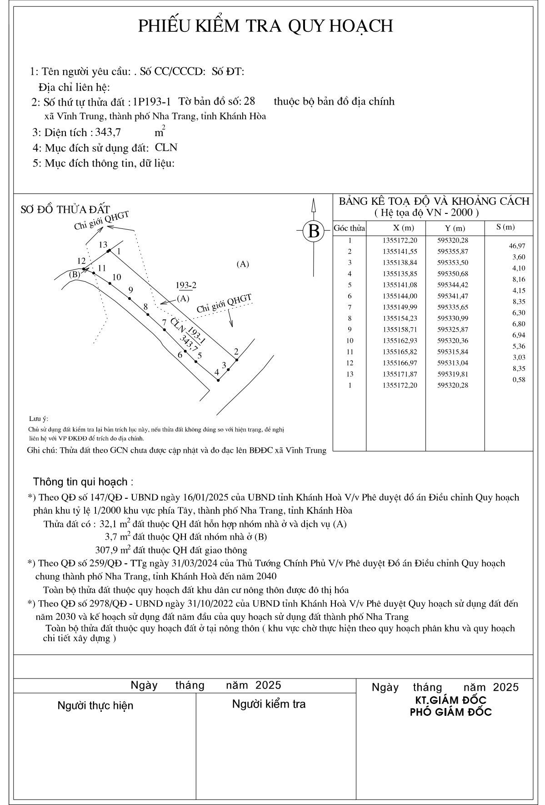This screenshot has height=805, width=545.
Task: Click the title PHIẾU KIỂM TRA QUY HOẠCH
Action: point(265,26)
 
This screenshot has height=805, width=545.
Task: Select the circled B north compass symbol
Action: point(314,231)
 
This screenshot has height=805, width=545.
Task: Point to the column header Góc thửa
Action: point(350,228)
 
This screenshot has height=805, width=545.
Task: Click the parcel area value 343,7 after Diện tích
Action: point(108,132)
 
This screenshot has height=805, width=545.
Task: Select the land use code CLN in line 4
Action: point(166,147)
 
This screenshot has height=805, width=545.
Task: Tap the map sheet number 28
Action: point(250,101)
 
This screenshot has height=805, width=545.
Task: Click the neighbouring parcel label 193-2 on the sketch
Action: point(186,285)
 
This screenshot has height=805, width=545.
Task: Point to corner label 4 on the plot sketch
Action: point(217,372)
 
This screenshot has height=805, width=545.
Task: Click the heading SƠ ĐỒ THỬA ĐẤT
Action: point(65,209)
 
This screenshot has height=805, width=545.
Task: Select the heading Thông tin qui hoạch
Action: point(83,482)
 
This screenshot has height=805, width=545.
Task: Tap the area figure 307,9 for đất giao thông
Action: point(107,550)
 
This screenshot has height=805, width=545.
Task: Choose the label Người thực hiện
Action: point(95,705)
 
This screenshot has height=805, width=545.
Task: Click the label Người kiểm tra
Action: point(269,704)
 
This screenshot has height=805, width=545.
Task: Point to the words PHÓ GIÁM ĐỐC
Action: point(450,712)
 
